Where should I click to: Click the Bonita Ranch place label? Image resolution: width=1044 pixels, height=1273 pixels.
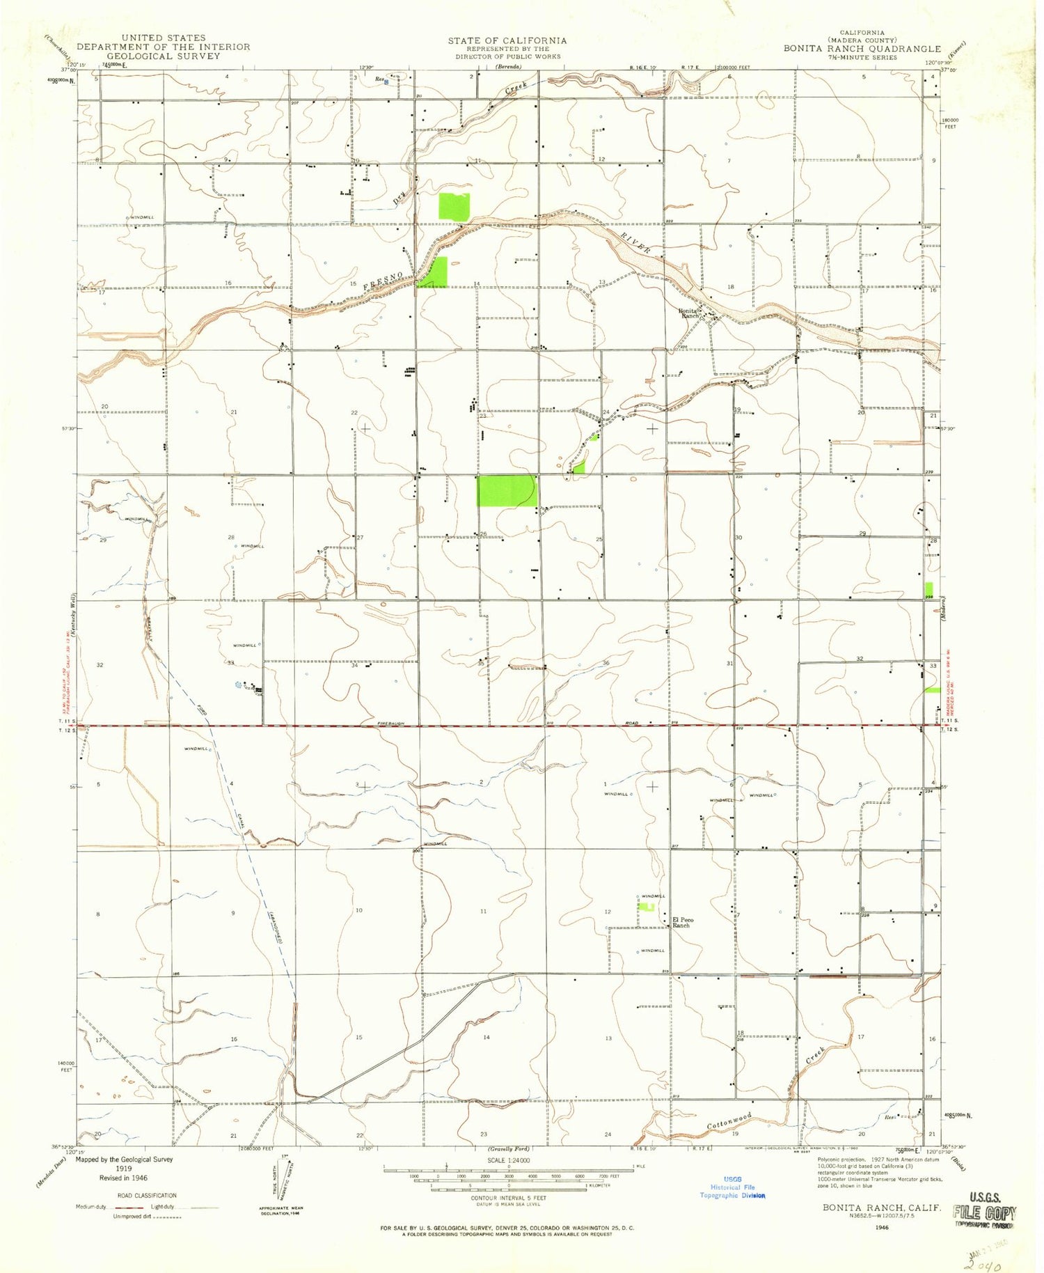coord(690,313)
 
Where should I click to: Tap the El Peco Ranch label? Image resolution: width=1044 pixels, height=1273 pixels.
coord(682,923)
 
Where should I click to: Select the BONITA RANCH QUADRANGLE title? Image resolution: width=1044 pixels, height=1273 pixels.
coord(862,49)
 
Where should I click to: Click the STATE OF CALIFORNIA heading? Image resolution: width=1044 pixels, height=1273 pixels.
coord(507,40)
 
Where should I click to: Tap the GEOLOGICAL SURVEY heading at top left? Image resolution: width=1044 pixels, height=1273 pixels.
coord(163,56)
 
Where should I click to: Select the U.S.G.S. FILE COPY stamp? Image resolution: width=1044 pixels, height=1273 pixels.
coord(986,1215)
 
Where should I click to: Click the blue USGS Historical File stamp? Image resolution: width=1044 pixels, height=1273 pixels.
coord(732,1187)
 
